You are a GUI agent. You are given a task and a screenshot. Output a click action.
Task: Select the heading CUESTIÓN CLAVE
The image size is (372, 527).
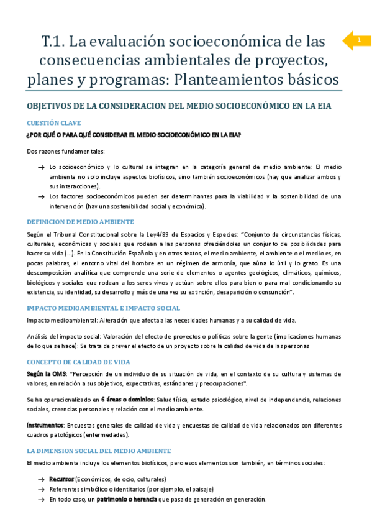[x=53, y=123]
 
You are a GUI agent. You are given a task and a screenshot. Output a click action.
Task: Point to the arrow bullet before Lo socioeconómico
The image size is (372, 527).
[x=40, y=167]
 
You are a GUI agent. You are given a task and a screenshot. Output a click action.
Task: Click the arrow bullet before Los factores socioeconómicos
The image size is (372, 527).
[x=40, y=197]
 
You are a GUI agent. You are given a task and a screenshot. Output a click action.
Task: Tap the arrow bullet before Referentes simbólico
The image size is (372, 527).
[x=40, y=489]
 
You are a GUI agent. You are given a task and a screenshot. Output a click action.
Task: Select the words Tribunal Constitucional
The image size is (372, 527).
[x=78, y=234]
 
